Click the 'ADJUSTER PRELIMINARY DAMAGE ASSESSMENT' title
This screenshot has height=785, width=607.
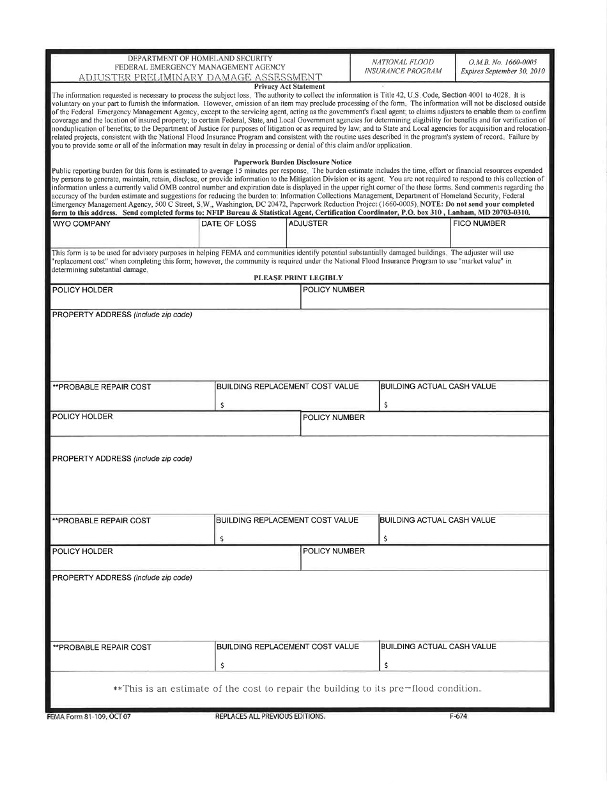point(200,78)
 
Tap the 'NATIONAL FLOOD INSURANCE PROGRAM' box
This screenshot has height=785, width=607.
point(403,66)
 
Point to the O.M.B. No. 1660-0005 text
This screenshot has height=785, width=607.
point(502,63)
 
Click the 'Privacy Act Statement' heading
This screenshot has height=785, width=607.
point(289,86)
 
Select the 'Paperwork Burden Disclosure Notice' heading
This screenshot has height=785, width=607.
point(292,162)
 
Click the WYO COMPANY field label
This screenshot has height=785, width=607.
point(81,224)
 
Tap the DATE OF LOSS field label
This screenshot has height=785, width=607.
point(229,224)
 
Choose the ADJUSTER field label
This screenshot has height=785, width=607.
point(308,224)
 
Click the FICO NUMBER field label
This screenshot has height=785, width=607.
point(479,224)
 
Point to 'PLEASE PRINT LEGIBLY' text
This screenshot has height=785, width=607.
point(298,278)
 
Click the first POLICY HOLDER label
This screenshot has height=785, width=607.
point(82,290)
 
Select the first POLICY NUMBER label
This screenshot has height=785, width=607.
point(334,290)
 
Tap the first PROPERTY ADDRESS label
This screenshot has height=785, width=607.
point(121,315)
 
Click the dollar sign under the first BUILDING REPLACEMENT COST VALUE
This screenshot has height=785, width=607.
point(222,405)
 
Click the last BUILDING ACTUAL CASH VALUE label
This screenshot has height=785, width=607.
point(438,647)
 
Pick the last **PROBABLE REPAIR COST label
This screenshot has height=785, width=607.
point(102,647)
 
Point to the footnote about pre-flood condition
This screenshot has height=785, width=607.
point(296,689)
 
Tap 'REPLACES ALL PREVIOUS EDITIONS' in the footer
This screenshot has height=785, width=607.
point(270,716)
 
